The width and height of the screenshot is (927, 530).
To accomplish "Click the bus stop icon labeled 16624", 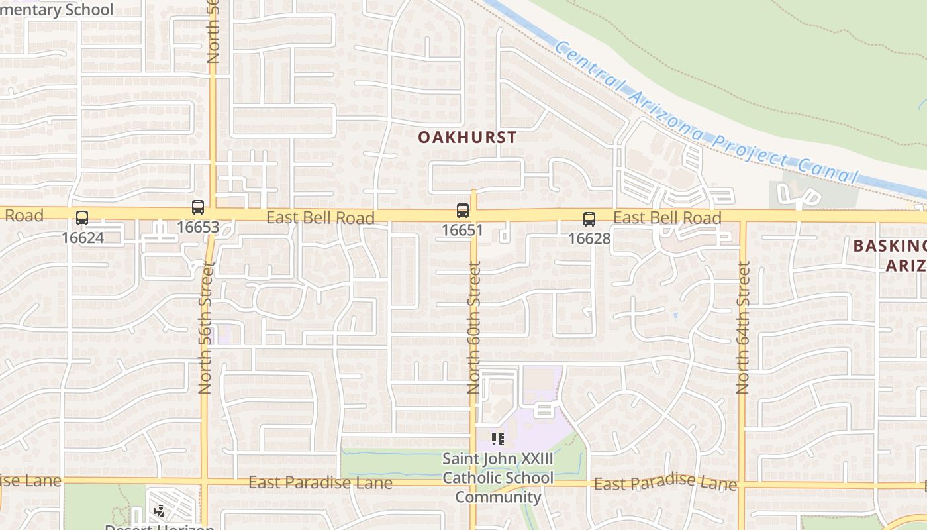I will pos(82,217).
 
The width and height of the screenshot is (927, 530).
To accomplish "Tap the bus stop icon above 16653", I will pos(198,207).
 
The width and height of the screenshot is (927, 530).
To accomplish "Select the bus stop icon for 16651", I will pos(463,211).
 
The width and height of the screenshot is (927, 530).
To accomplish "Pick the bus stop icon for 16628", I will pos(589,219).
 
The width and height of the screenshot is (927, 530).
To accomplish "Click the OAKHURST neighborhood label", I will pos(467,138).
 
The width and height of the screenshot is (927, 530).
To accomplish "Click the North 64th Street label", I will pos(743,327).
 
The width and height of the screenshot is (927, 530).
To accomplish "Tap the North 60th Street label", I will pos(474,327).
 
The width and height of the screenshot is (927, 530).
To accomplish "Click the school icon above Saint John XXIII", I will pos(498,439).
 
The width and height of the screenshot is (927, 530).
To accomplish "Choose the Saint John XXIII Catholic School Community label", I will pos(498,478).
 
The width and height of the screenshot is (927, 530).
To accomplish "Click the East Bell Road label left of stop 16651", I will pos(320,217).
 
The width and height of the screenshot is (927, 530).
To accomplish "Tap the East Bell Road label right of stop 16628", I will pos(667,218).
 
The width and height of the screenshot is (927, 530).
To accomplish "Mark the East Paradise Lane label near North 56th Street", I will pos(320,483).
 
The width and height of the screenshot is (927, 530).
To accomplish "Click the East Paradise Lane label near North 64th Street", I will pos(665,484).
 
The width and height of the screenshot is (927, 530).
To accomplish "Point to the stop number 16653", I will pos(198,227).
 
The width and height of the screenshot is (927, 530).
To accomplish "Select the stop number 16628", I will pos(589,238).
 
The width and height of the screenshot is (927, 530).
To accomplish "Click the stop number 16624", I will pos(83,237).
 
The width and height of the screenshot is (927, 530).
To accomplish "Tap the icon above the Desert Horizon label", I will pos(160,511).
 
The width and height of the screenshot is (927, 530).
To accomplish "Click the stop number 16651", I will pos(463,231).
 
